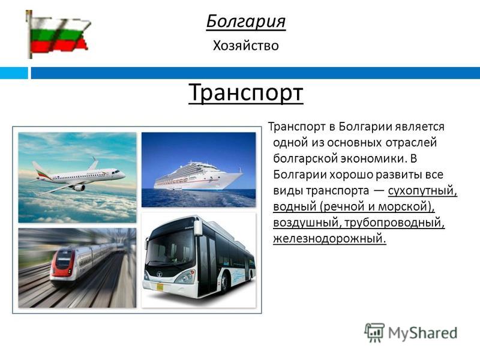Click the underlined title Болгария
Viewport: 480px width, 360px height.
[246, 22]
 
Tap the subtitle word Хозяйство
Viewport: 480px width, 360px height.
[246, 46]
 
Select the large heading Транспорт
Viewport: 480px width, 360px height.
[246, 92]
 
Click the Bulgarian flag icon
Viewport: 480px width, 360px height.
[58, 34]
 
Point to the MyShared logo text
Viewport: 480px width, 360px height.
[423, 333]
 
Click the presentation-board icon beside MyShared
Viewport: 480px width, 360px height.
[374, 332]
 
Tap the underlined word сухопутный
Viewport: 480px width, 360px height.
[422, 191]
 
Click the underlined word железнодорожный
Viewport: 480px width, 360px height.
[329, 238]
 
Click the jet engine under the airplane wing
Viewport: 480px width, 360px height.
[79, 187]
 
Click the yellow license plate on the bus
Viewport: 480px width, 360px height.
[160, 287]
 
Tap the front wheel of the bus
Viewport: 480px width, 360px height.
[224, 283]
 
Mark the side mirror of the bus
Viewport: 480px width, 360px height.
[198, 227]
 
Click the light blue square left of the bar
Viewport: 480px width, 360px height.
[14, 73]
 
